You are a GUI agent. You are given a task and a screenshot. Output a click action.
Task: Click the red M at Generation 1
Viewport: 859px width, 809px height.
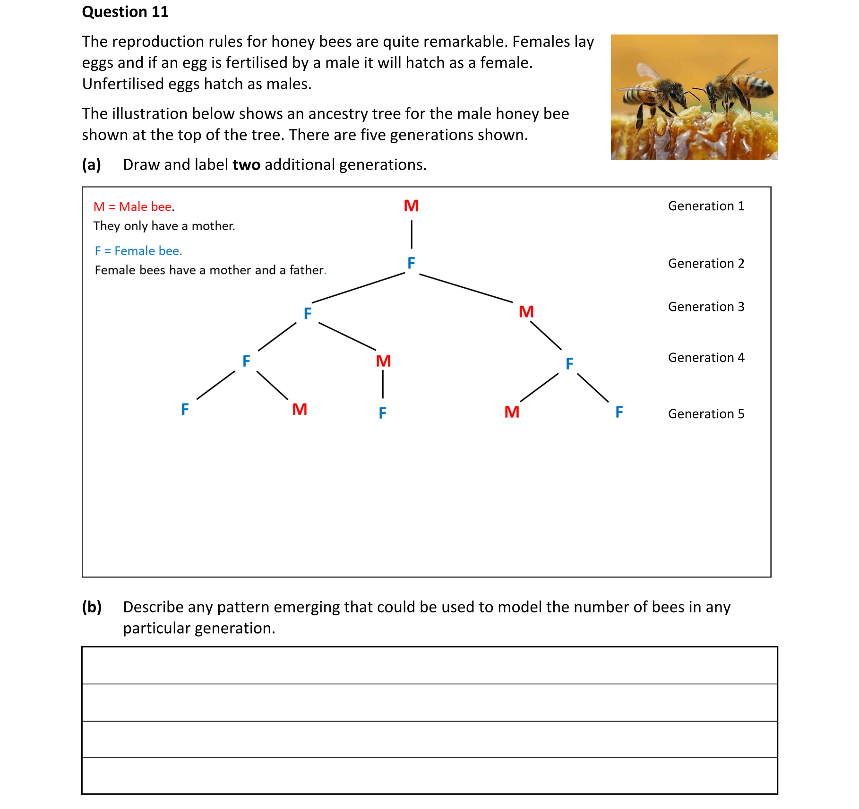pyautogui.click(x=411, y=206)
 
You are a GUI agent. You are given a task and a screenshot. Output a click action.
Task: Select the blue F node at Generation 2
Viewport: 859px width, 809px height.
pyautogui.click(x=411, y=263)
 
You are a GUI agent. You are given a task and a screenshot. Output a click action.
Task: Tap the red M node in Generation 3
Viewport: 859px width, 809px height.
pyautogui.click(x=526, y=312)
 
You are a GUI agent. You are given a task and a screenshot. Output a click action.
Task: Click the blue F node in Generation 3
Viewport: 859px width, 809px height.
pyautogui.click(x=308, y=313)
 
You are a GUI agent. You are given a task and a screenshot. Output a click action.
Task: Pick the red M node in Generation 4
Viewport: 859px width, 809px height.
pyautogui.click(x=383, y=361)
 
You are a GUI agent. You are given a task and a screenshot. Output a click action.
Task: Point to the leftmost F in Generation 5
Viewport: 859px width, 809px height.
pyautogui.click(x=185, y=409)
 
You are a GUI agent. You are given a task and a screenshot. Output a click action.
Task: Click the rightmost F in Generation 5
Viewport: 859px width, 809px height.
pyautogui.click(x=619, y=412)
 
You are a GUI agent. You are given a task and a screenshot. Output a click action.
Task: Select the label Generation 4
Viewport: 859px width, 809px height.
pyautogui.click(x=706, y=358)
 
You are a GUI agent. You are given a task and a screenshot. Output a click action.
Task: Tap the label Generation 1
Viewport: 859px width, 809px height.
pyautogui.click(x=706, y=206)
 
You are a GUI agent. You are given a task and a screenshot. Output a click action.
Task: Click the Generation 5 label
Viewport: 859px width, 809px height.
pyautogui.click(x=706, y=414)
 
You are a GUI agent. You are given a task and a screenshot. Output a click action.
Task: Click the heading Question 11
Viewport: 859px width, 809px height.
pyautogui.click(x=125, y=12)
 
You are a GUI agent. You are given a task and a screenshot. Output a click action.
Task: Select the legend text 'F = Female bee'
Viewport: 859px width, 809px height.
pyautogui.click(x=138, y=251)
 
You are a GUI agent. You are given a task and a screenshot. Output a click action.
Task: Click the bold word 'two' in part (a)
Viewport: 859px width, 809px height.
pyautogui.click(x=246, y=164)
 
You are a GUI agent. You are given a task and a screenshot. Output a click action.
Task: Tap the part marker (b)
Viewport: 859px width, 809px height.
pyautogui.click(x=92, y=607)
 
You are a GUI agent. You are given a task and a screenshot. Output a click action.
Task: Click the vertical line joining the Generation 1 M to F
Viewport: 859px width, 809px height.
pyautogui.click(x=412, y=234)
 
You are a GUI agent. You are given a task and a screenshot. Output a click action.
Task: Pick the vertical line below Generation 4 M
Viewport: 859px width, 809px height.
pyautogui.click(x=383, y=384)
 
